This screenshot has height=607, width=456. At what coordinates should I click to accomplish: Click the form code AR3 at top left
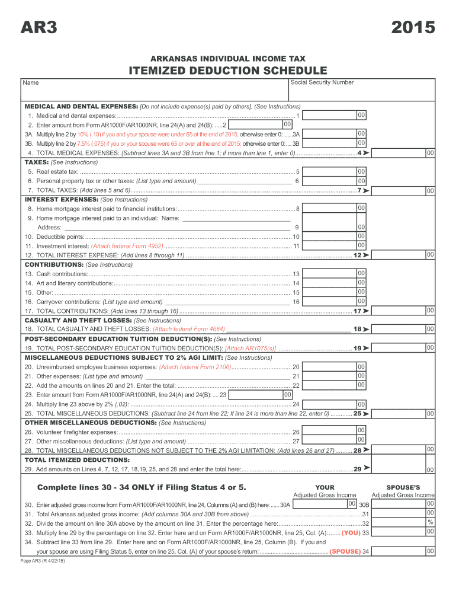point(39,28)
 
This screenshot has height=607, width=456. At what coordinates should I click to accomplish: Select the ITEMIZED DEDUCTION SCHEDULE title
point(228,71)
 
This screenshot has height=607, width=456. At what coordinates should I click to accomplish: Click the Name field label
point(31,83)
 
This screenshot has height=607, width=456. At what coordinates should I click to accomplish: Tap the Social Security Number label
point(322,82)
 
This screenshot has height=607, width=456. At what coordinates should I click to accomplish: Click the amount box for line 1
point(335,114)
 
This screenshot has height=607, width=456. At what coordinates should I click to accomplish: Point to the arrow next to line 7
point(366,190)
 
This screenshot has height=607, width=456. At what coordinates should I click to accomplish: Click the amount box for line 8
point(335,208)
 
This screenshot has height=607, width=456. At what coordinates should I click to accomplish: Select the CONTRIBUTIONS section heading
point(54,264)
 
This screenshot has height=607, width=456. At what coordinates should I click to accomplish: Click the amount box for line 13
point(335,273)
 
